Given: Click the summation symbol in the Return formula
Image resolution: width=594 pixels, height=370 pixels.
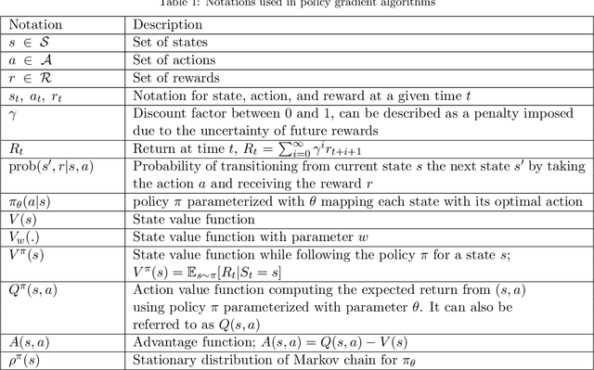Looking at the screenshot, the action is [x=335, y=147].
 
